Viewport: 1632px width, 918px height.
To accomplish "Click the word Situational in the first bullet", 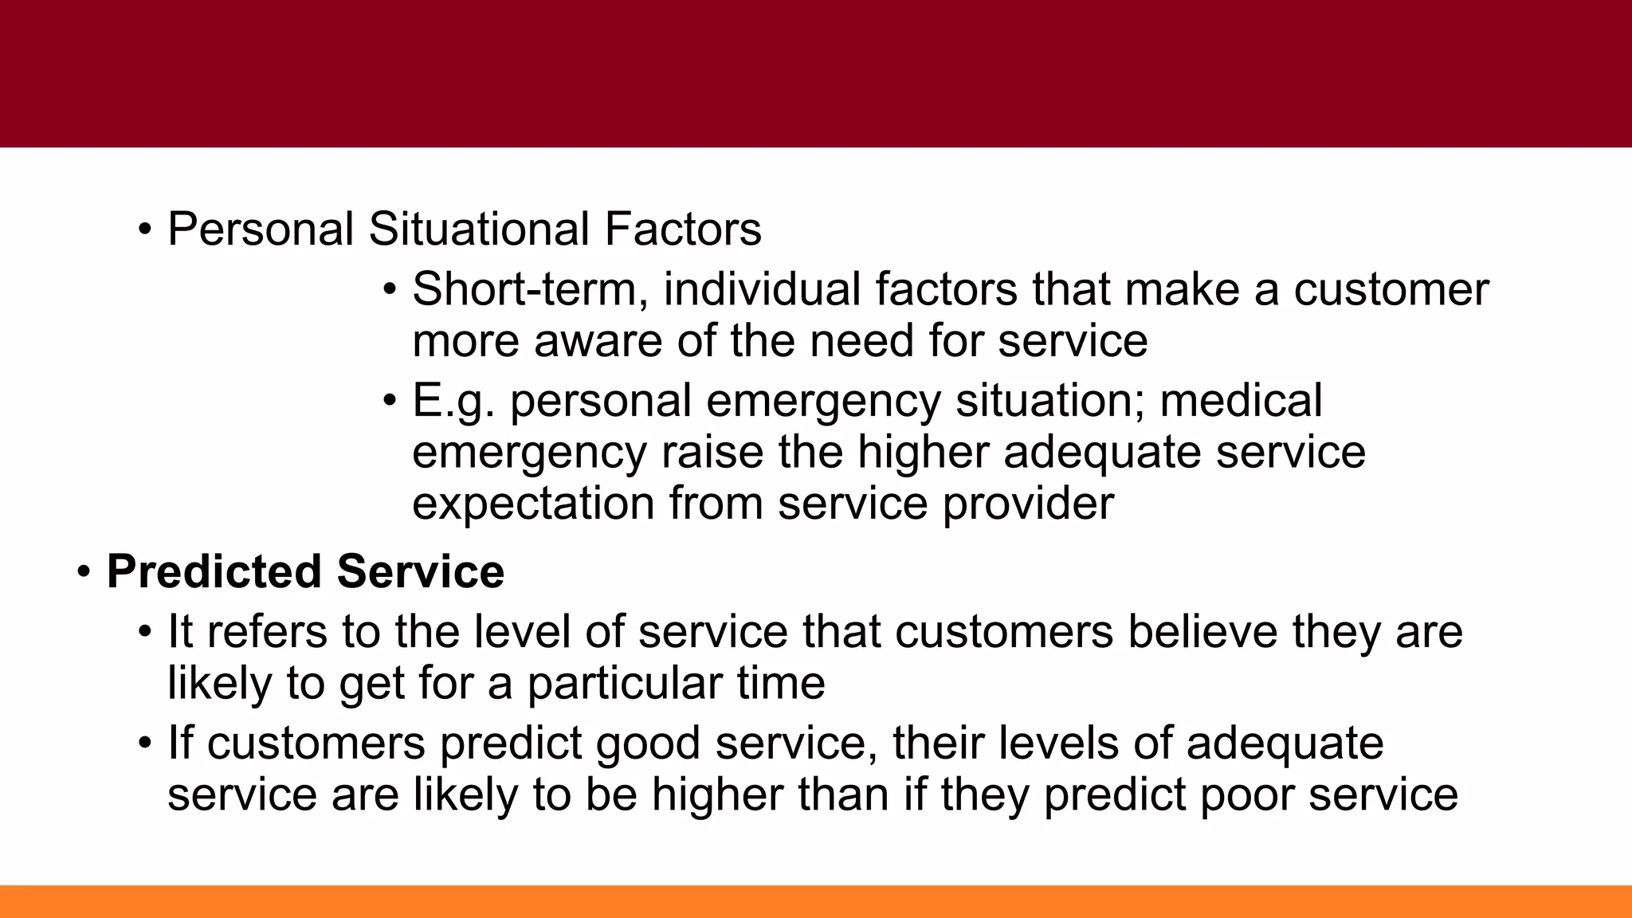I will [478, 229].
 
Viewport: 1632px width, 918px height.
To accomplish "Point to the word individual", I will [762, 288].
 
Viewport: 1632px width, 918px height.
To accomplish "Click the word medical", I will [1241, 400].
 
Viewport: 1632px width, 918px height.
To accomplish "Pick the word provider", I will [1028, 504].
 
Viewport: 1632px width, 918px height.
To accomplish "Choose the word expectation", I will [533, 504].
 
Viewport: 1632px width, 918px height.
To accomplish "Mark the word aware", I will [598, 341].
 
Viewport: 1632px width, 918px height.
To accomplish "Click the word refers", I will [267, 632].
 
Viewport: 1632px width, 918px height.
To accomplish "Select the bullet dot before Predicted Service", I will [84, 572].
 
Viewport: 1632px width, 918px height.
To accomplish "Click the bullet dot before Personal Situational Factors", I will [144, 229].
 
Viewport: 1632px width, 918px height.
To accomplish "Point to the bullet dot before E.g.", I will [389, 400].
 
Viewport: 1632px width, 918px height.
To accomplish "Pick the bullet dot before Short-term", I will [389, 288].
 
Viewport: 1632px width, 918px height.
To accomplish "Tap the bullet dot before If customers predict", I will [144, 743].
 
